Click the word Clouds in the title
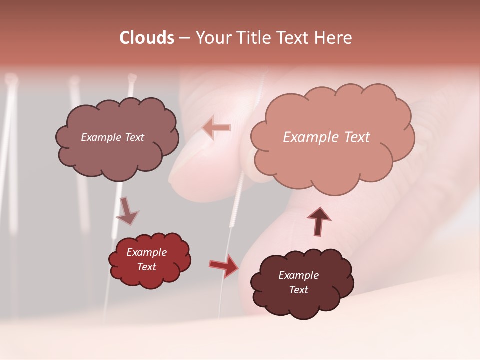(147, 38)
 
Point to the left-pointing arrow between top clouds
(217, 128)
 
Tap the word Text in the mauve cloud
(133, 137)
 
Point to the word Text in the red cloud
(147, 267)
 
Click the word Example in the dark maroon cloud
(298, 275)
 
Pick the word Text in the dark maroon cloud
(298, 290)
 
